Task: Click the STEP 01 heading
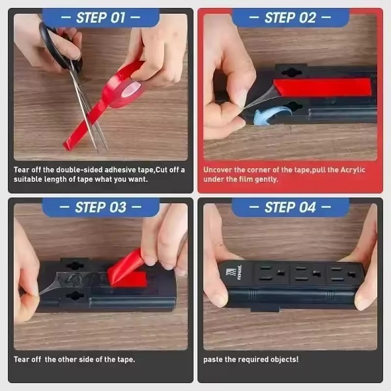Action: (100, 18)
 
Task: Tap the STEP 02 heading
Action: (290, 18)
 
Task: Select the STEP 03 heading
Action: (100, 207)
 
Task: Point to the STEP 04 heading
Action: (290, 207)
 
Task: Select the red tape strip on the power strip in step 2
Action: (322, 87)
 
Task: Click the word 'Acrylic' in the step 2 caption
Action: (353, 170)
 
